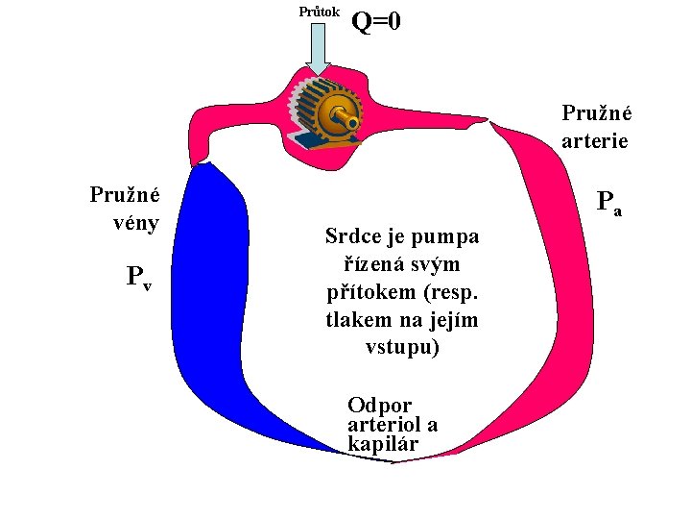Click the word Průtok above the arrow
(319, 12)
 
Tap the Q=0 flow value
(376, 20)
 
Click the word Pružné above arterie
(595, 112)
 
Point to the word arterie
(595, 140)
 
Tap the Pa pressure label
(608, 203)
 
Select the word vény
(134, 224)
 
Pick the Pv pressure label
(139, 279)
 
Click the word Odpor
(379, 405)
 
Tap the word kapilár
(383, 443)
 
